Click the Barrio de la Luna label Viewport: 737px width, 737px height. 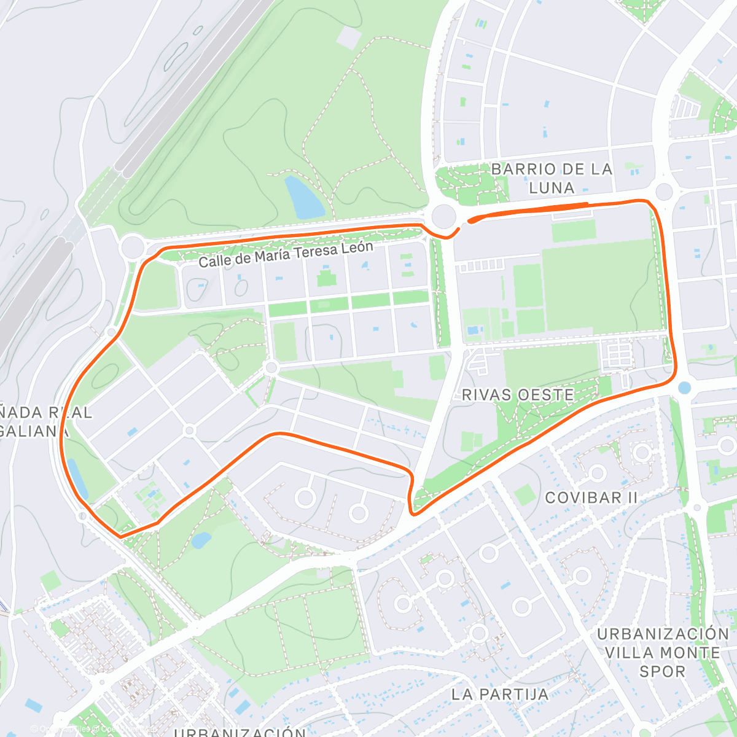[x=552, y=178]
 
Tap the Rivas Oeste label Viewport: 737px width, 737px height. [x=518, y=395]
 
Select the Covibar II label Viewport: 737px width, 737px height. [x=591, y=497]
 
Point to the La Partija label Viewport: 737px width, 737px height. [x=499, y=695]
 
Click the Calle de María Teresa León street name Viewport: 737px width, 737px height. [x=286, y=254]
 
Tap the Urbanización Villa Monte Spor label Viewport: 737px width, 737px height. [x=662, y=652]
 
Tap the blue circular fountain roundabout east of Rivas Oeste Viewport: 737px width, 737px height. [x=684, y=388]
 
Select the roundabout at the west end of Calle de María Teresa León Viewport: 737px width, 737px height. [x=133, y=248]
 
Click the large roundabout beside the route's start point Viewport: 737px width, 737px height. [x=443, y=216]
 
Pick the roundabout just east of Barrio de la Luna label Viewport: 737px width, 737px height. [x=664, y=191]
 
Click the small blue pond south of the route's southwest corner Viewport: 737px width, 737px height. [x=201, y=540]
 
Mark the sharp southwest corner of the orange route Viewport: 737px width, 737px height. [x=120, y=537]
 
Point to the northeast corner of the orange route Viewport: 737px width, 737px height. [x=648, y=202]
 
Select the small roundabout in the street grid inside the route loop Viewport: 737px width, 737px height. [x=271, y=368]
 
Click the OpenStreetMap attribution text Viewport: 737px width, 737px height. [x=92, y=729]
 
